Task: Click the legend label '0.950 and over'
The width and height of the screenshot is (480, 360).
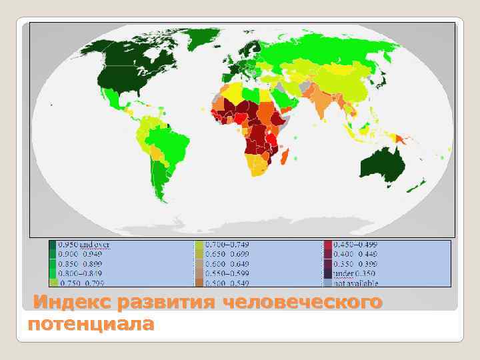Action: pyautogui.click(x=84, y=245)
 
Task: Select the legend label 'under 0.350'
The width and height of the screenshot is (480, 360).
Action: pyautogui.click(x=354, y=273)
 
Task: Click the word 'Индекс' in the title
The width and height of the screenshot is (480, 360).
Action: pyautogui.click(x=71, y=303)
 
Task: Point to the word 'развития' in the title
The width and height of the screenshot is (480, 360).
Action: pyautogui.click(x=167, y=303)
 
